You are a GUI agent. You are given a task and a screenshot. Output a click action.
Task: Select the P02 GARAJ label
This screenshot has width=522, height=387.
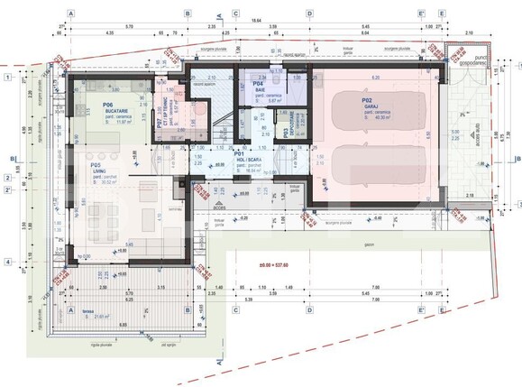pos(368,100)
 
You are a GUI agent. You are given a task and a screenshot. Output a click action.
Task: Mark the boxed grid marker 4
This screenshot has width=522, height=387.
pos(7,263)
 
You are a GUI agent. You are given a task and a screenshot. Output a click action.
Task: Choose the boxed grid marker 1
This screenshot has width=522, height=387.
pos(7,78)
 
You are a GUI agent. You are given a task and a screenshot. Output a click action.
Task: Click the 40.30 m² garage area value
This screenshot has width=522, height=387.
pos(372,117)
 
